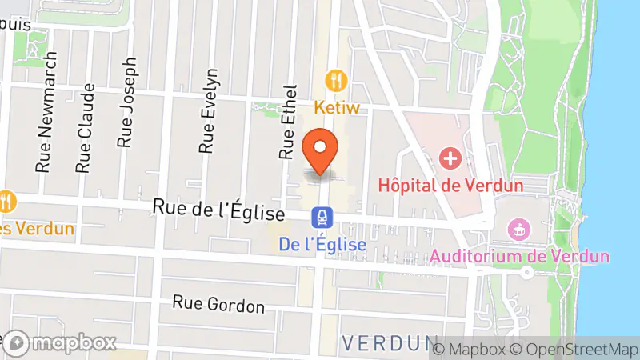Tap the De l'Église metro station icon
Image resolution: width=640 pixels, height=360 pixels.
(x=322, y=215)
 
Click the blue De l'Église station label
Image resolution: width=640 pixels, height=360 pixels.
(x=323, y=244)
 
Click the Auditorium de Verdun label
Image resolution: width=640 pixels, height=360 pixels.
(x=519, y=257)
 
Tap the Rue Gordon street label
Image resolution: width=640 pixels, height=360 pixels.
(x=218, y=305)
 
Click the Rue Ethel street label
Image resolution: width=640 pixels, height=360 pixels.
(x=287, y=121)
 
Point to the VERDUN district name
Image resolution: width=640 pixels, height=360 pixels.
(x=390, y=342)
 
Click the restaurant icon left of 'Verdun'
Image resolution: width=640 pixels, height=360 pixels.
(x=7, y=200)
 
